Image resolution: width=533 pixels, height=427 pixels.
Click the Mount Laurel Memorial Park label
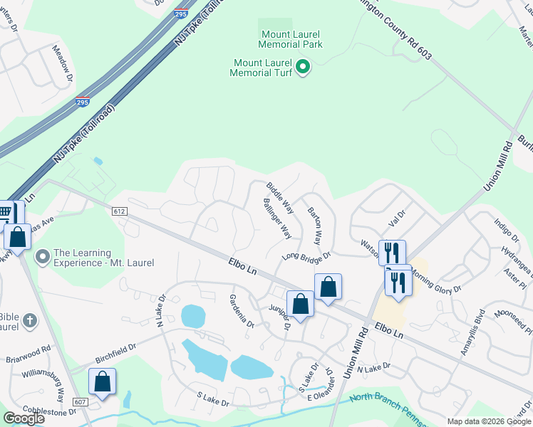tap(290, 39)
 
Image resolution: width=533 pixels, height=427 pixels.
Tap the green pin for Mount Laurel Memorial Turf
tap(303, 68)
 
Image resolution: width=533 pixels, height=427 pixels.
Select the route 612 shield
tap(119, 211)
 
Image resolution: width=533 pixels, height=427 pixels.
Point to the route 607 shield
tap(81, 402)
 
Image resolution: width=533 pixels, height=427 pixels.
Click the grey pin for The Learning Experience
tap(43, 255)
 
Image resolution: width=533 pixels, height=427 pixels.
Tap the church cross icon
tap(29, 320)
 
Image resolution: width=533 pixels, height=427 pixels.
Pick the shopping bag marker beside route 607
tap(103, 381)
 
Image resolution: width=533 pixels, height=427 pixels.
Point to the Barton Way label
tap(315, 226)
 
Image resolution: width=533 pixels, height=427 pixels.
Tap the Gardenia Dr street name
tap(242, 310)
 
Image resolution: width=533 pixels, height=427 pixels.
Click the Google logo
tap(24, 418)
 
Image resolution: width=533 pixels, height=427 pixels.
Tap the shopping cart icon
tap(6, 212)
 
